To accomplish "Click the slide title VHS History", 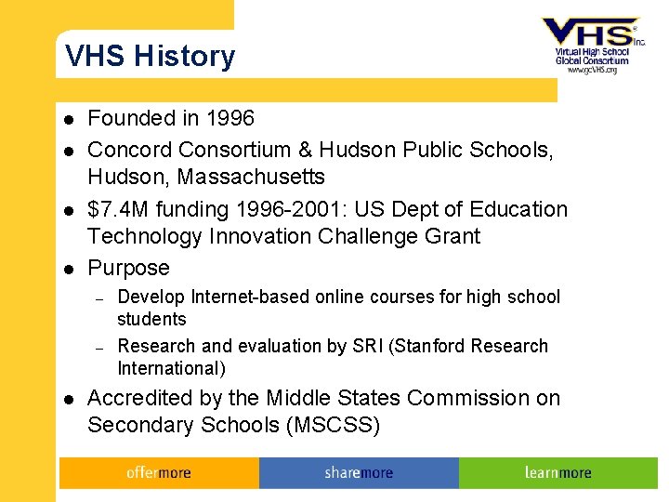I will pos(150,57).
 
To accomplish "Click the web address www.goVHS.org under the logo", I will pos(592,70).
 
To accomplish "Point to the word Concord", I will pos(129,149).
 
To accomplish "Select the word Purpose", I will pos(128,269).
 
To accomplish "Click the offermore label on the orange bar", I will pos(158,473).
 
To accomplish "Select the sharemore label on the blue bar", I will pos(359,473).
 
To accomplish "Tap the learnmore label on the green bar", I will pos(557,473).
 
